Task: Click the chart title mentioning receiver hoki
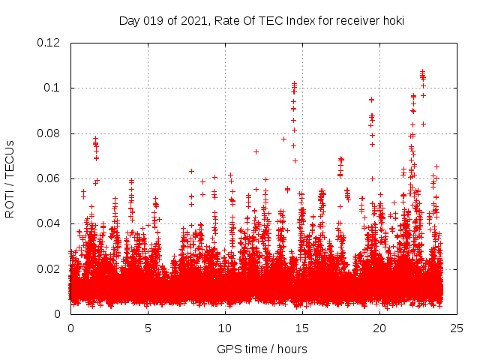pos(261,20)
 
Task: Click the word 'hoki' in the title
pos(391,20)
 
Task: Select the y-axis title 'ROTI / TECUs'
pos(10,178)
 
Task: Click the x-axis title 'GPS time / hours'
pos(261,349)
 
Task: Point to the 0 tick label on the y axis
pos(58,314)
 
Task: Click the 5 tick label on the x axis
pos(148,328)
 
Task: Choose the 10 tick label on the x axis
pos(225,328)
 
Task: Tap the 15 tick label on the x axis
pos(302,328)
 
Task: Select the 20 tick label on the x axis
pos(379,328)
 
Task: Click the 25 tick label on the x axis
pos(457,328)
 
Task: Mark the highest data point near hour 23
pos(423,72)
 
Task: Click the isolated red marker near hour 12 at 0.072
pos(256,151)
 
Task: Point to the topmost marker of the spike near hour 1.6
pos(95,138)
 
